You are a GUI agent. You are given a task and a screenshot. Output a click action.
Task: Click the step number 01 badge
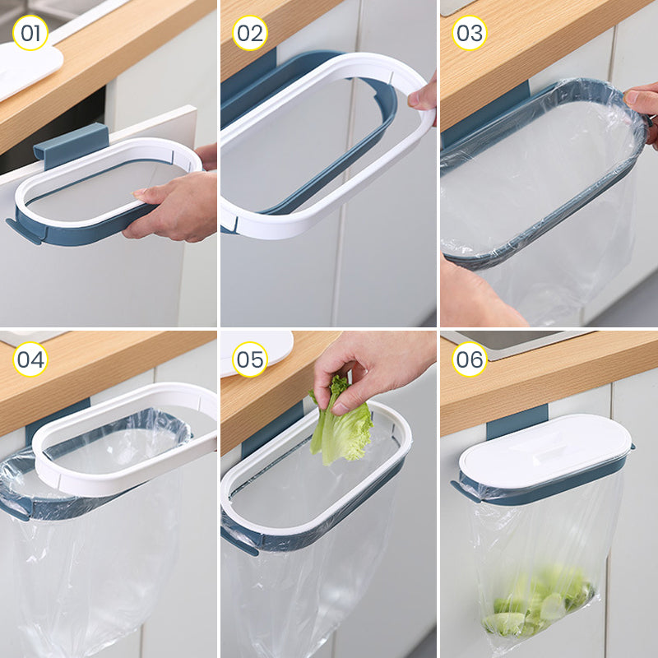tap(30, 33)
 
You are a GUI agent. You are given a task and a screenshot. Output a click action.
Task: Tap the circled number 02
tap(250, 33)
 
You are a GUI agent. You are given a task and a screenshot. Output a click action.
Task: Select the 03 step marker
tap(470, 33)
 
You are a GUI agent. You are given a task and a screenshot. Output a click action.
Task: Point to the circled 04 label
tap(30, 359)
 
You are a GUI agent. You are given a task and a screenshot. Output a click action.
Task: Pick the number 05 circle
tap(250, 359)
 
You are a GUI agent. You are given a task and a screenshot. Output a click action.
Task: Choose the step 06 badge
tap(470, 359)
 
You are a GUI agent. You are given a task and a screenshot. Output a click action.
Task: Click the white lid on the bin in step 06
tap(544, 452)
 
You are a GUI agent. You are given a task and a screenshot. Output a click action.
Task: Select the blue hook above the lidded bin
tap(517, 422)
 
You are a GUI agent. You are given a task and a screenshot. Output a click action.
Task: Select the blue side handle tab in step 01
tap(23, 231)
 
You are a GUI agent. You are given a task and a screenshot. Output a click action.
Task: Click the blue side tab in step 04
tap(16, 509)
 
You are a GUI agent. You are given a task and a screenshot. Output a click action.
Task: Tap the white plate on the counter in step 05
tap(257, 353)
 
